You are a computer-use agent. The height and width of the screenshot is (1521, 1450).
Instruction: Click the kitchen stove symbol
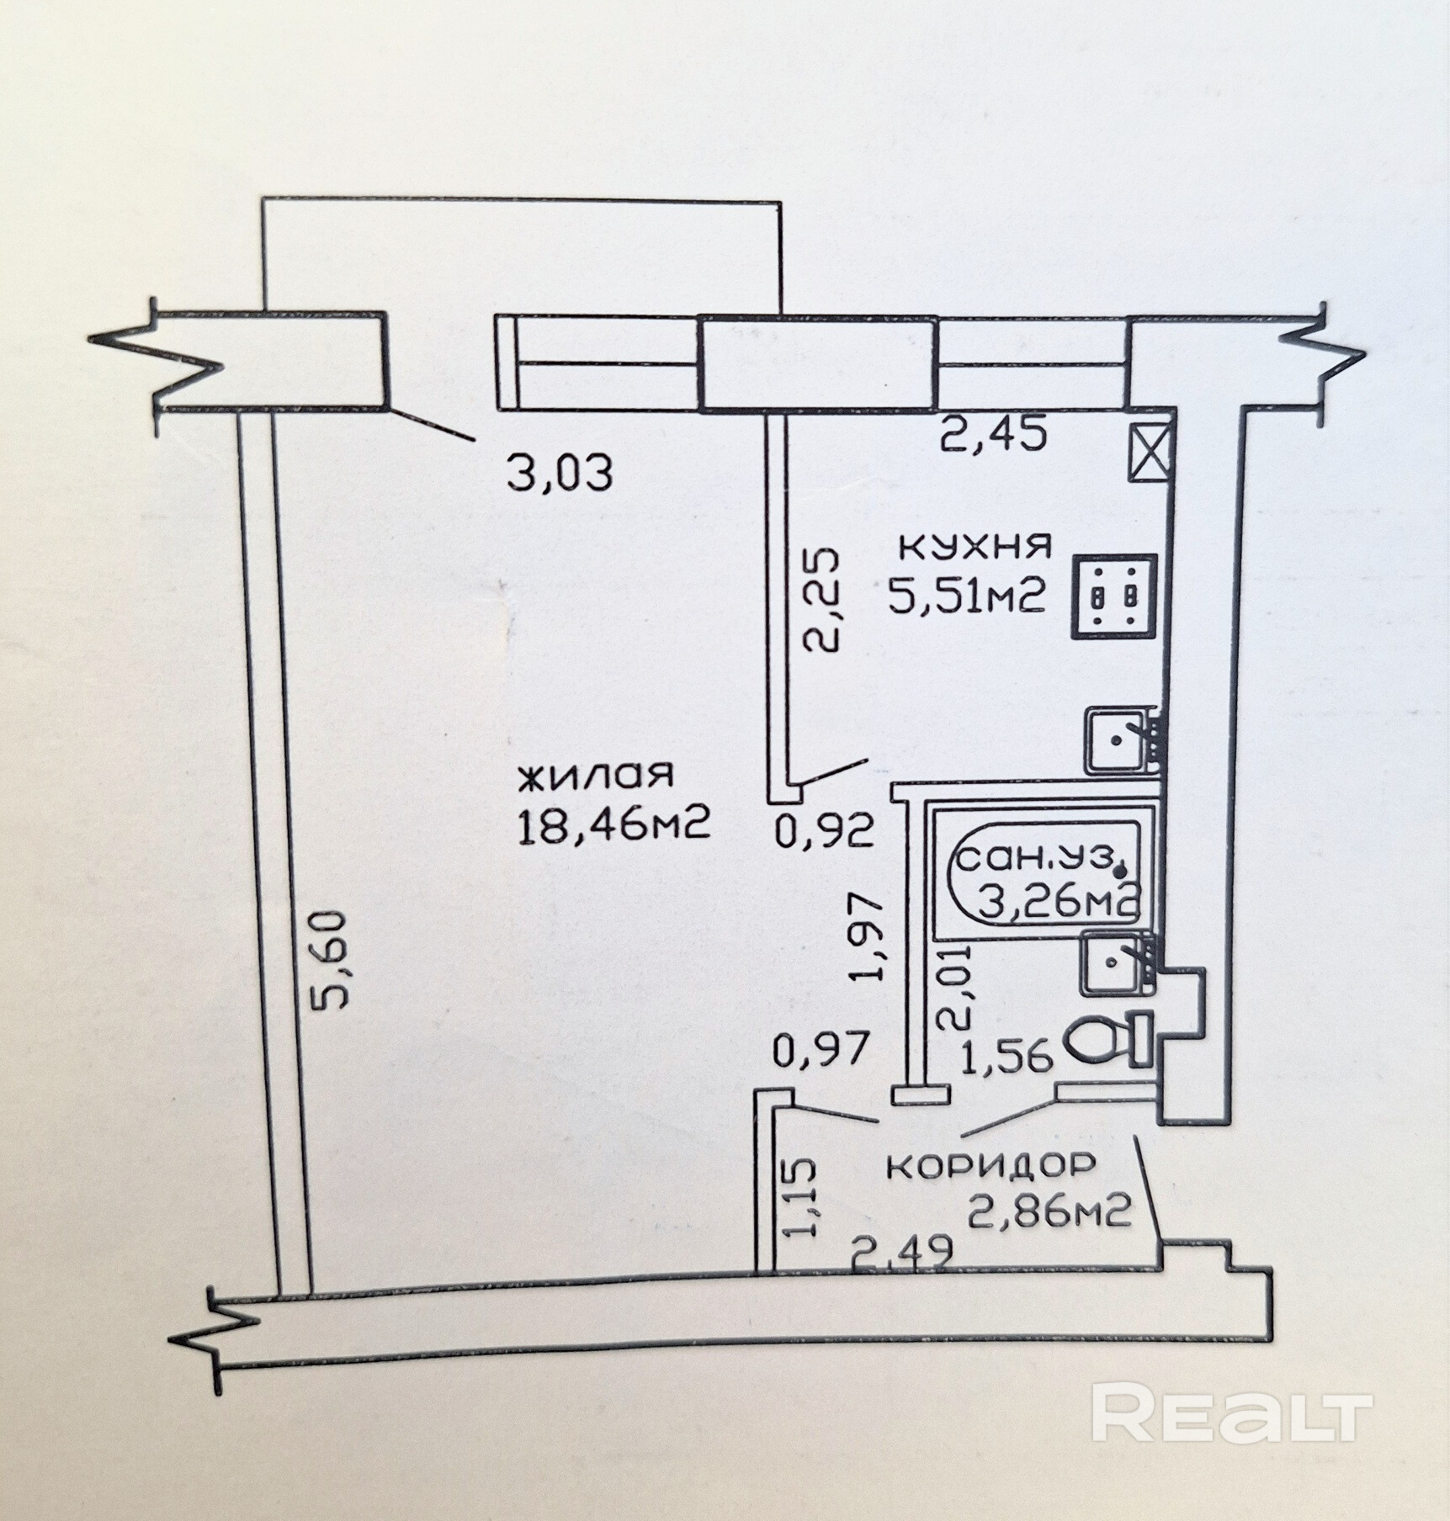pyautogui.click(x=1113, y=596)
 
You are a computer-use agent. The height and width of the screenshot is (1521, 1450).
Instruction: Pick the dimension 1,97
pyautogui.click(x=868, y=936)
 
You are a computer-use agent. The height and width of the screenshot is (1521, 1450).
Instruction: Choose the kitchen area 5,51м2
pyautogui.click(x=967, y=596)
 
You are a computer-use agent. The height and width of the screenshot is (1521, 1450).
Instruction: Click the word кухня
pyautogui.click(x=976, y=546)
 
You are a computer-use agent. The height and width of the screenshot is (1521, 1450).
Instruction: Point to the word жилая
pyautogui.click(x=595, y=775)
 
